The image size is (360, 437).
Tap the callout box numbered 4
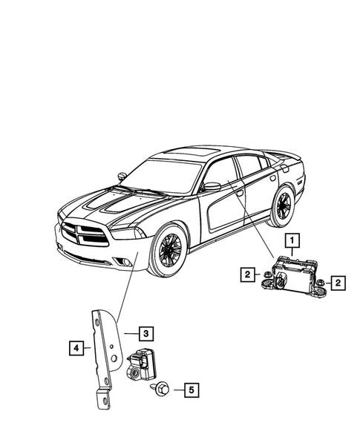click(x=76, y=345)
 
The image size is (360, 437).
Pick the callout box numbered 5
click(x=190, y=388)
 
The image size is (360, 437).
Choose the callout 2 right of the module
click(x=337, y=283)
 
